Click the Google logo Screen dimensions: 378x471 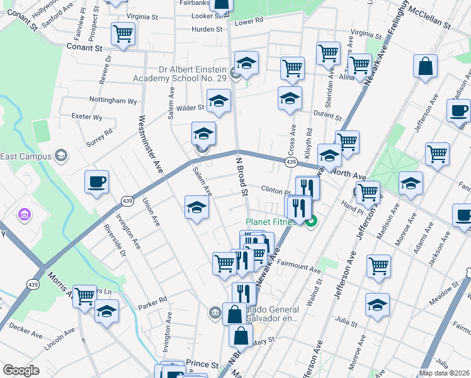pyautogui.click(x=21, y=370)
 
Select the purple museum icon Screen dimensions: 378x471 pyautogui.click(x=25, y=216)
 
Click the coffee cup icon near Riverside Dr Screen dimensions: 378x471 pyautogui.click(x=97, y=182)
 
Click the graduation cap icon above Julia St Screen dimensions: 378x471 pyautogui.click(x=378, y=306)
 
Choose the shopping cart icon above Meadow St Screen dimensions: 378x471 pyautogui.click(x=379, y=266)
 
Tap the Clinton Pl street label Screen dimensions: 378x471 pyautogui.click(x=275, y=190)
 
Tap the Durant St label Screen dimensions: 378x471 pyautogui.click(x=329, y=117)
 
